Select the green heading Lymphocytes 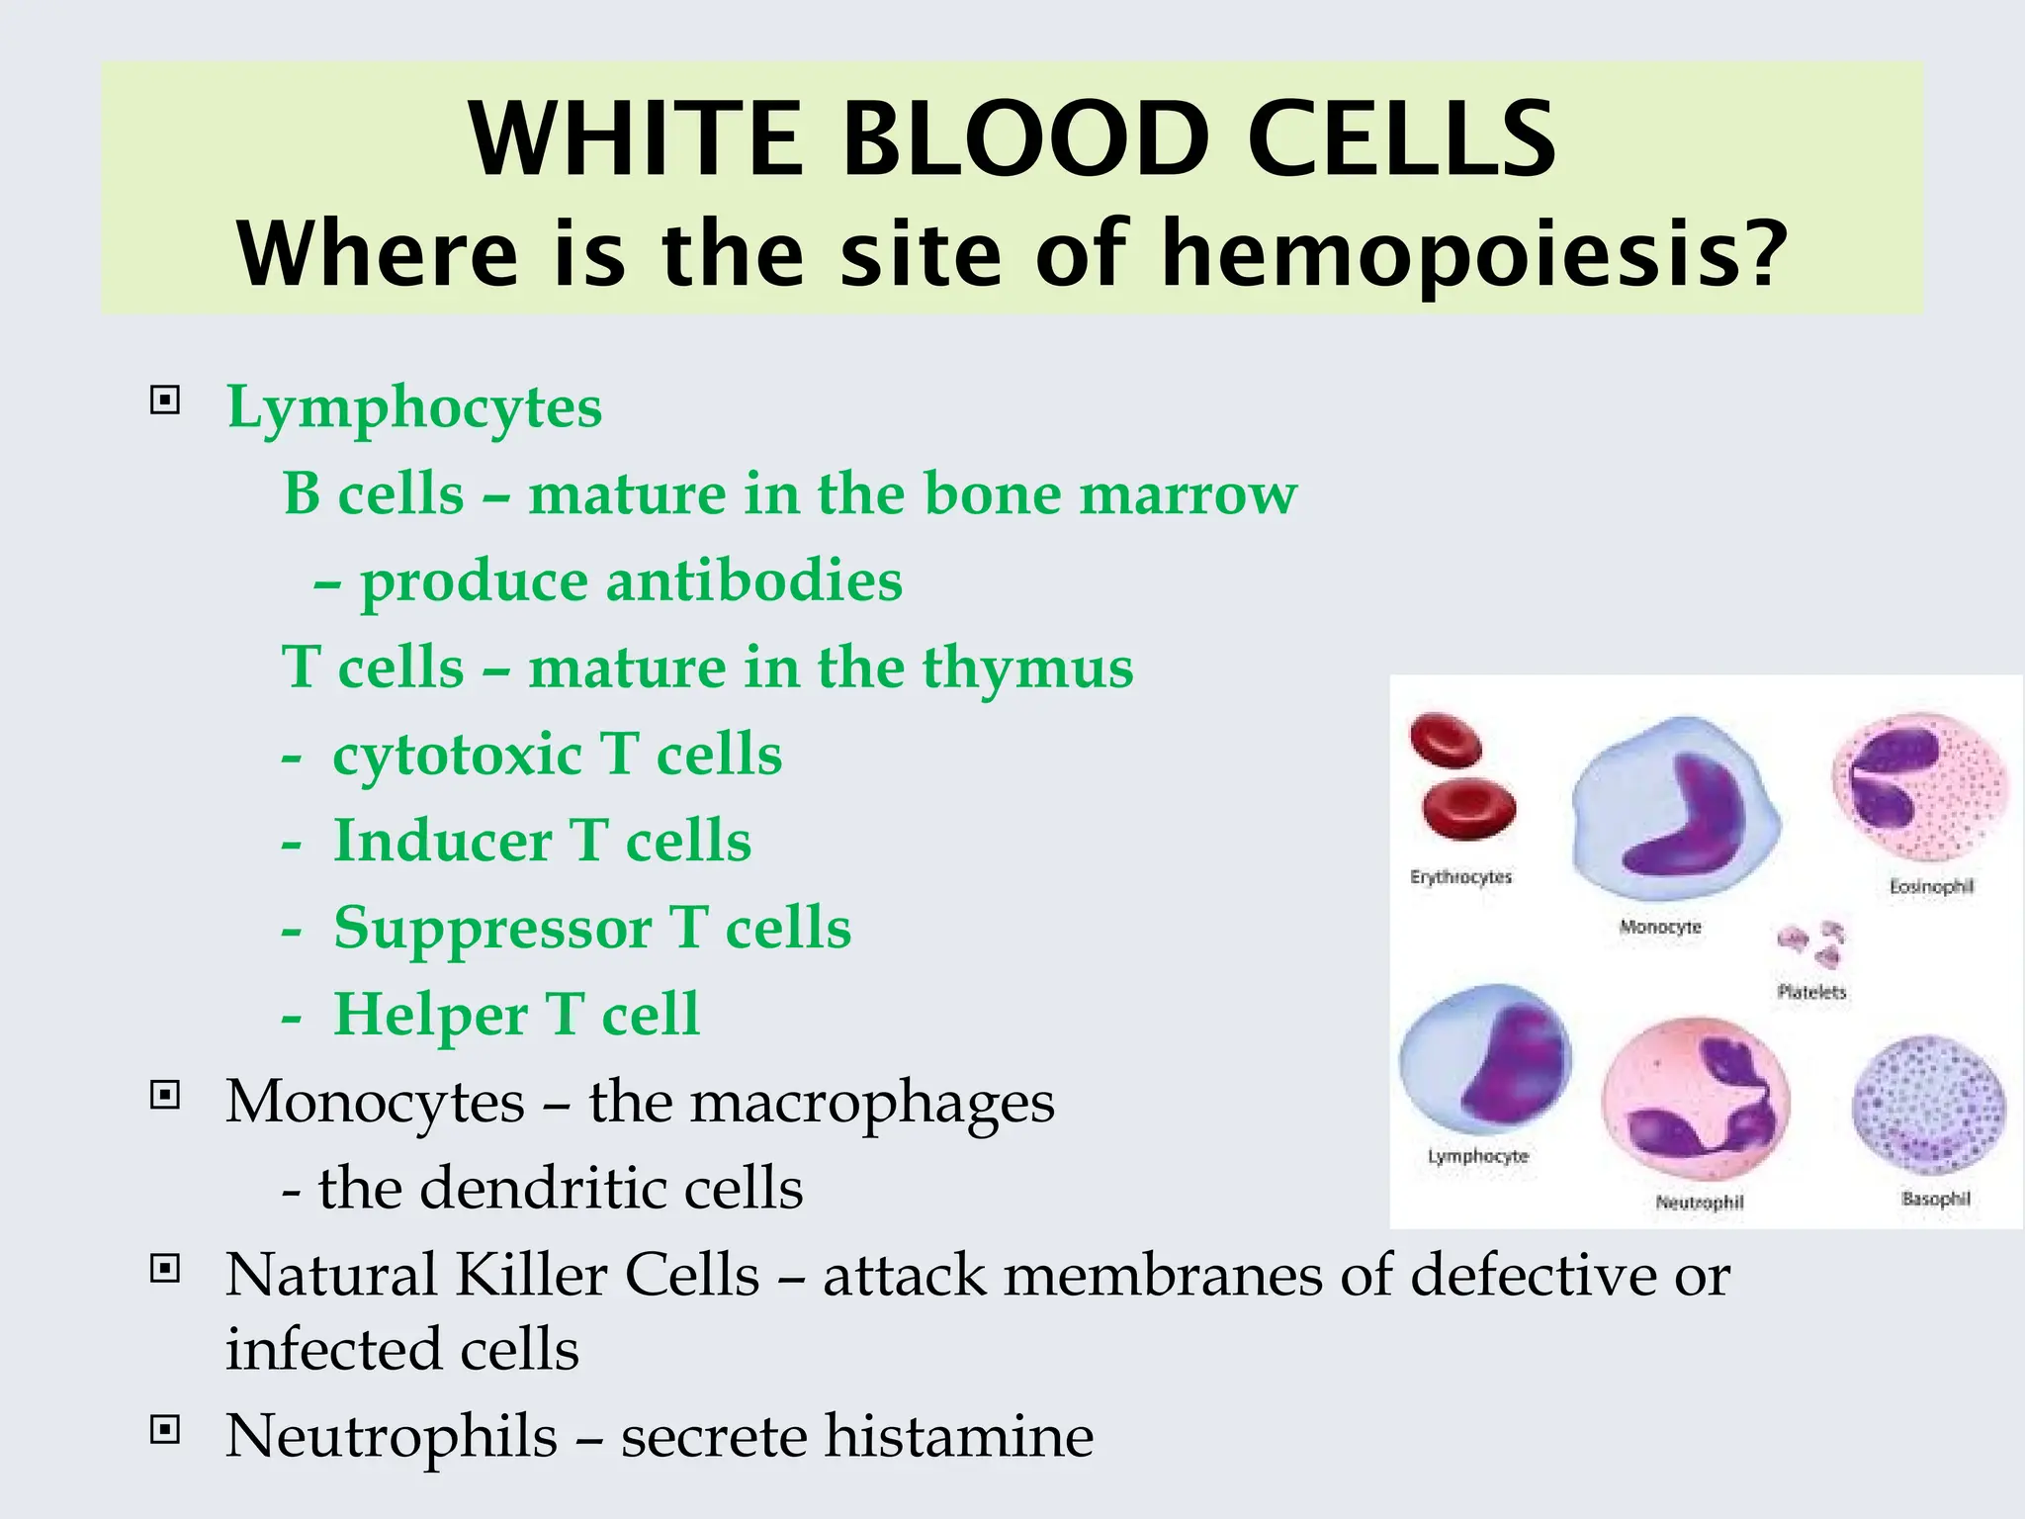[414, 406]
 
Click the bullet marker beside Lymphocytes [164, 401]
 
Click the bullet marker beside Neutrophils [164, 1429]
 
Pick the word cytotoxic [457, 755]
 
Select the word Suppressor [491, 929]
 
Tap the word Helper [430, 1016]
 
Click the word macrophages [871, 1103]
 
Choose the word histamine [958, 1436]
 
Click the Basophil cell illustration [1928, 1106]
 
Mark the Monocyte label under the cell [1660, 927]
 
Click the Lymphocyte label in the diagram [1477, 1156]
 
